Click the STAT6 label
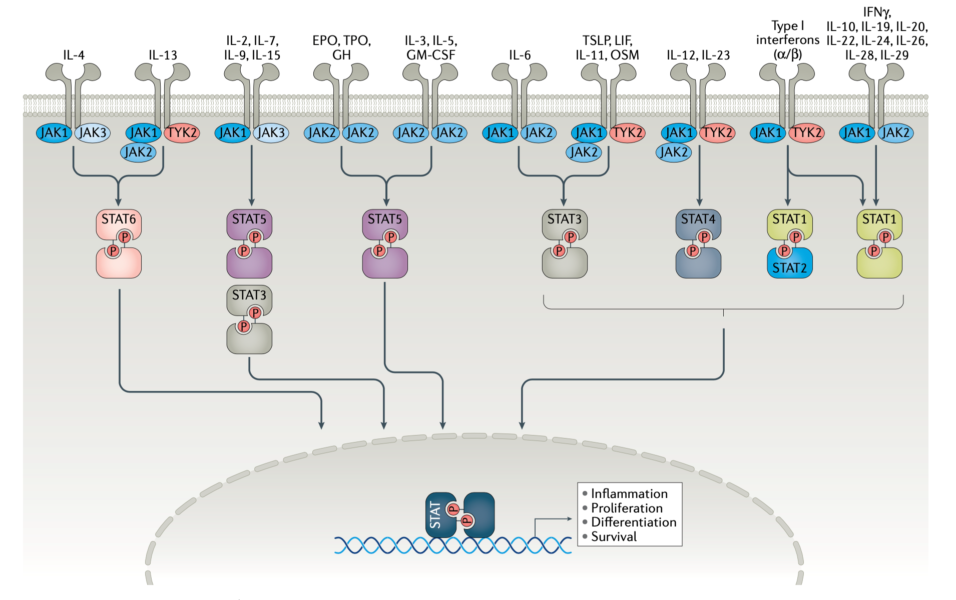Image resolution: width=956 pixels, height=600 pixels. click(119, 219)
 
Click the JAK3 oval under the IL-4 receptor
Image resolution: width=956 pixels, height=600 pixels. click(93, 133)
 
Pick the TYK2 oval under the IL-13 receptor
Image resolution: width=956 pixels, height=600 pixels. click(182, 133)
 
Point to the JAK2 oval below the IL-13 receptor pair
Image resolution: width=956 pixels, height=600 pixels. click(138, 152)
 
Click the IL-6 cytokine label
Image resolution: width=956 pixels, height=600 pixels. click(520, 55)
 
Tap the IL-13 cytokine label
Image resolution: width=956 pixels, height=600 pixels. click(163, 55)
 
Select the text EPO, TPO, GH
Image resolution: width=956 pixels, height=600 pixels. click(342, 47)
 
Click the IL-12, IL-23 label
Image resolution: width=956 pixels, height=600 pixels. click(698, 55)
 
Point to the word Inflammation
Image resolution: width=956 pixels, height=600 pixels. click(629, 494)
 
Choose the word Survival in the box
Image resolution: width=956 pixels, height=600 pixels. click(614, 537)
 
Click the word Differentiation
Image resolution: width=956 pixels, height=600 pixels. click(634, 522)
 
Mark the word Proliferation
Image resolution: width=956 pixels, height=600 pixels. click(627, 508)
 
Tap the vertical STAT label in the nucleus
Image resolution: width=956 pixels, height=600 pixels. click(435, 515)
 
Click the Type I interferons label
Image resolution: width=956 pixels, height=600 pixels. click(788, 40)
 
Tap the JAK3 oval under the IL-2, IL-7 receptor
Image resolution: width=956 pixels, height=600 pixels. click(271, 133)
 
